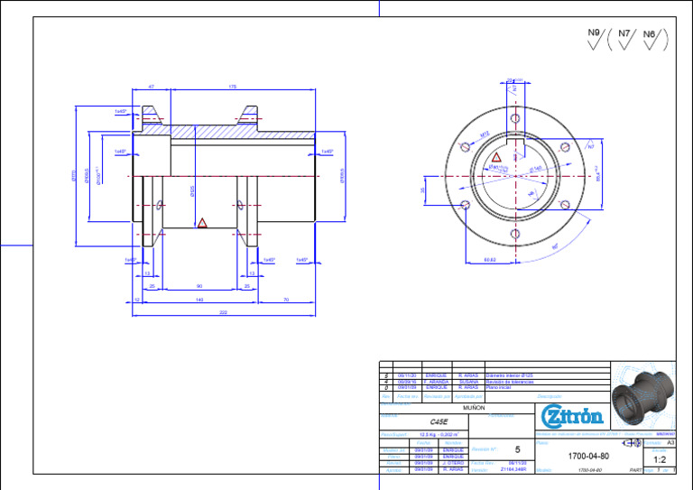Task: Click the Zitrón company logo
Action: [x=571, y=417]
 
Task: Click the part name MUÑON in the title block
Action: [x=474, y=408]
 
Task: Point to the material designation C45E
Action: [x=439, y=421]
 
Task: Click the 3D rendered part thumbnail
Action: [x=642, y=396]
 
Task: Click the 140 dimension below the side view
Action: [x=199, y=300]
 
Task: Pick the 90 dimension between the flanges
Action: [x=199, y=286]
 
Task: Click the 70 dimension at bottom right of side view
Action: [x=285, y=300]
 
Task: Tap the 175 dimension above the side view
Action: [x=232, y=87]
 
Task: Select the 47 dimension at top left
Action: [x=151, y=87]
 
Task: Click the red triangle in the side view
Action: [x=202, y=222]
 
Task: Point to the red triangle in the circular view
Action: [x=496, y=157]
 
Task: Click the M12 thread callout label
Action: [x=484, y=133]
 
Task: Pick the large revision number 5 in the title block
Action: [x=517, y=449]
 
